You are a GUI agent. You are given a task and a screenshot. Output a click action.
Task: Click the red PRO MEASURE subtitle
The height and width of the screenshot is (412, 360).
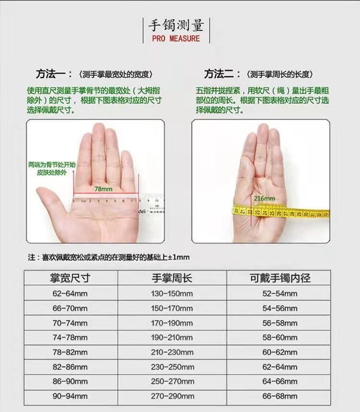pyautogui.click(x=176, y=39)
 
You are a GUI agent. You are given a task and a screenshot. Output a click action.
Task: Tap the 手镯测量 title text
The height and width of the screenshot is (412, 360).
pyautogui.click(x=176, y=25)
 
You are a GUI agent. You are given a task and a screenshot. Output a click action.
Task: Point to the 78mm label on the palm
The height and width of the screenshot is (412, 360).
pyautogui.click(x=103, y=189)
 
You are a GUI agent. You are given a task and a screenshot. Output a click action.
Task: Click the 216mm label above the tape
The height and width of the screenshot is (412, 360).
pyautogui.click(x=264, y=199)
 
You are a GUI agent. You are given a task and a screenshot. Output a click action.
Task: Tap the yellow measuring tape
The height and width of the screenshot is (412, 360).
pyautogui.click(x=281, y=212)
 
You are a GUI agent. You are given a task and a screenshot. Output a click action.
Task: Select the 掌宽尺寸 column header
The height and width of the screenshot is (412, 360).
pyautogui.click(x=70, y=278)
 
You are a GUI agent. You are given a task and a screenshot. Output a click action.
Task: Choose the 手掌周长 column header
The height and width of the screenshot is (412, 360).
pyautogui.click(x=172, y=278)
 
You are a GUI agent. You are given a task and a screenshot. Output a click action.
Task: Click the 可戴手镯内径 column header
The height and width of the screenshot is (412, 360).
pyautogui.click(x=280, y=278)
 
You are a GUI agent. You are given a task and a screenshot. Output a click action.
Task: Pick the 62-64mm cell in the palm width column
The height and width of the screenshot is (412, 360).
pyautogui.click(x=70, y=294)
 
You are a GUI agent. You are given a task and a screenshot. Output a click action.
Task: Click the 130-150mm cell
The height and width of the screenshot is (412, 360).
pyautogui.click(x=172, y=294)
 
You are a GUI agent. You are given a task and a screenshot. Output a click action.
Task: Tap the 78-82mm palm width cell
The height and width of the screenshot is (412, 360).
pyautogui.click(x=70, y=352)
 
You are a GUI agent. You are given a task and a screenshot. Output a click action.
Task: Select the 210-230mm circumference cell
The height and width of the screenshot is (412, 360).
pyautogui.click(x=172, y=352)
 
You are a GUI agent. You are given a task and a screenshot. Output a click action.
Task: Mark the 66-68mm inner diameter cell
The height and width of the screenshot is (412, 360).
pyautogui.click(x=280, y=396)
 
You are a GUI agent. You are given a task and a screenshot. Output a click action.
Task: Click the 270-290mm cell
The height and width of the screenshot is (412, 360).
pyautogui.click(x=172, y=396)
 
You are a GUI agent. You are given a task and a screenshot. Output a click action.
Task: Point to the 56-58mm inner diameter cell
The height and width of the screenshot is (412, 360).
pyautogui.click(x=280, y=323)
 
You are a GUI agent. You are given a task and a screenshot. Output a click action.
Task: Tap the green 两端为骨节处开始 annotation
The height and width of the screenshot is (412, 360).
pyautogui.click(x=52, y=165)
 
